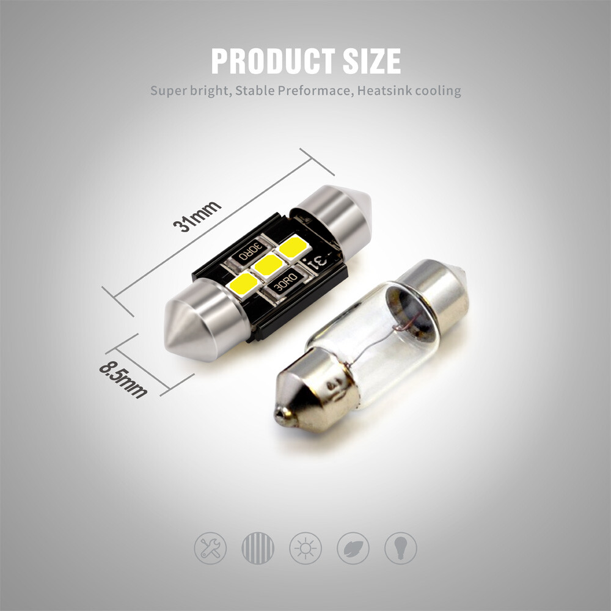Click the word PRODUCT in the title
tap(266, 61)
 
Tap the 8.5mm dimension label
tap(122, 381)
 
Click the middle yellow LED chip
tap(268, 264)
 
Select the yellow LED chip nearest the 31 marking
tap(293, 246)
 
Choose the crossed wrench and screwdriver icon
tap(210, 547)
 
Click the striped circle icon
tap(258, 547)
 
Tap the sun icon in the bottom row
tap(305, 547)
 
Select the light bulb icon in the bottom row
tap(400, 547)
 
